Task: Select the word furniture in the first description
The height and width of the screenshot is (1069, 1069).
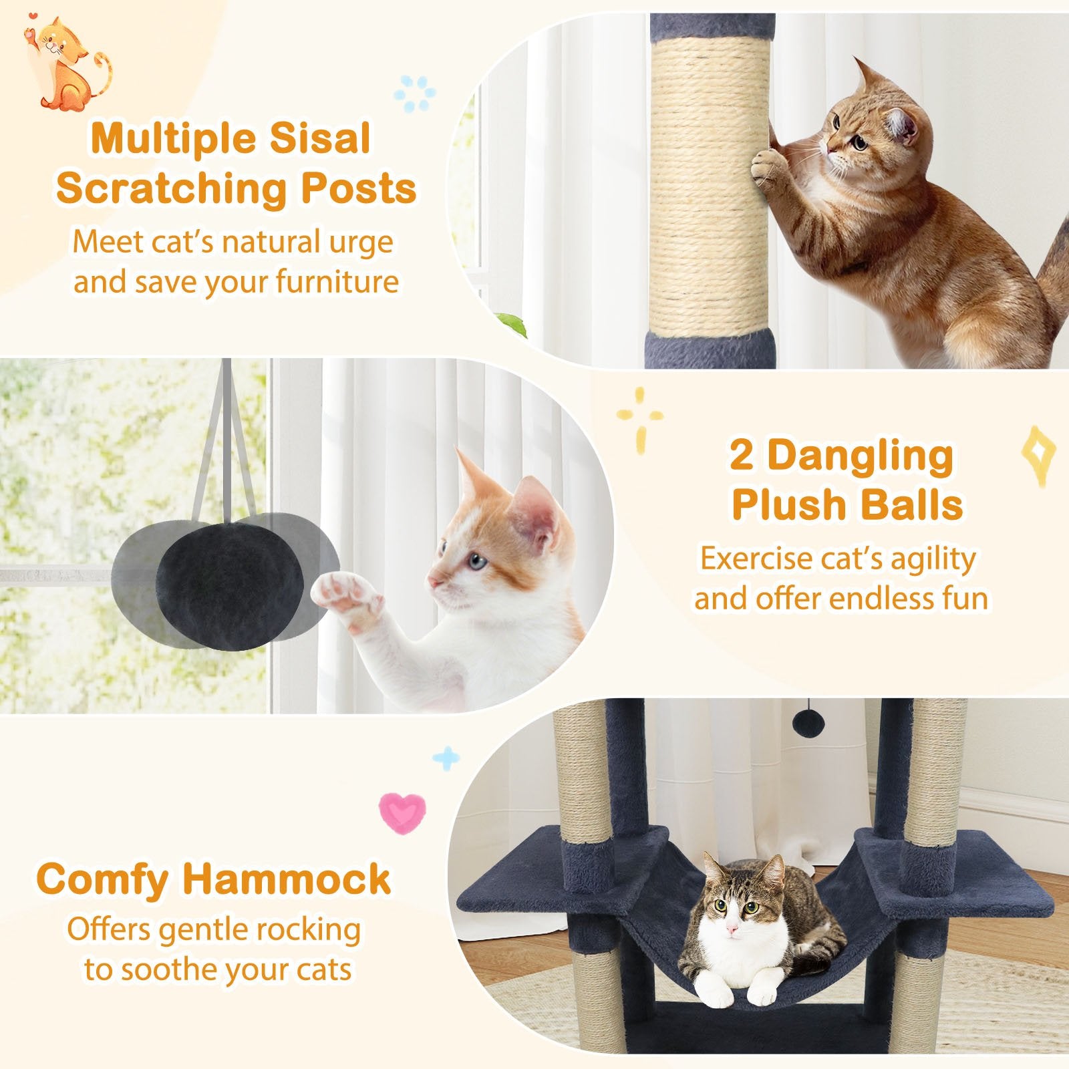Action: (x=337, y=282)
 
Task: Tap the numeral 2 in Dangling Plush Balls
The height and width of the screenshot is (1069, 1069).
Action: (x=742, y=456)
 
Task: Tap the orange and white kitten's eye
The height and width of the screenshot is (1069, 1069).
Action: (x=476, y=560)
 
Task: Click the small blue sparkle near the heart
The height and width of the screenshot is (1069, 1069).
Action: (x=446, y=758)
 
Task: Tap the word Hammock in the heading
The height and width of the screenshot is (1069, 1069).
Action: (x=287, y=879)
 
